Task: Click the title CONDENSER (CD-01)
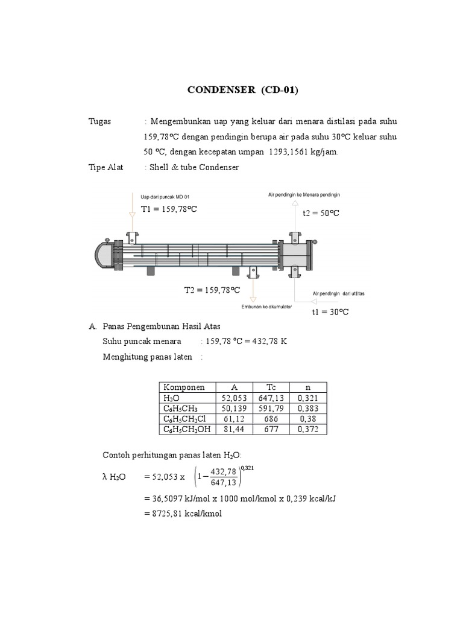coord(243,91)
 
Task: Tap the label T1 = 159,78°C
coord(169,209)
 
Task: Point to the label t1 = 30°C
coord(330,312)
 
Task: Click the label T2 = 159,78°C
coord(212,290)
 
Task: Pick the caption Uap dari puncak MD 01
coord(165,197)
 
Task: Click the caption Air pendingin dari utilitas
coord(338,294)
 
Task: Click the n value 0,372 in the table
coord(307,429)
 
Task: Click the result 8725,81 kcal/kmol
coord(184,514)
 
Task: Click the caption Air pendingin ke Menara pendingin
coord(304,195)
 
